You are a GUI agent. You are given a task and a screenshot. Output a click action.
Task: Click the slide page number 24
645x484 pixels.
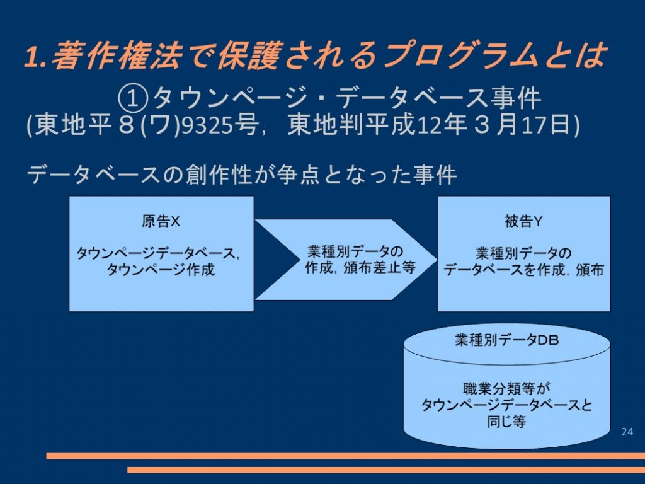(627, 431)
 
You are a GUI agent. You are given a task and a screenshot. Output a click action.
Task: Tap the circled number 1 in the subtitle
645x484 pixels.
(132, 99)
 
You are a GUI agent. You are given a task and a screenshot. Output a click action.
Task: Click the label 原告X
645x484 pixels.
(161, 221)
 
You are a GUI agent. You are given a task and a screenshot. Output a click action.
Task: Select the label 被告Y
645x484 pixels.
(523, 221)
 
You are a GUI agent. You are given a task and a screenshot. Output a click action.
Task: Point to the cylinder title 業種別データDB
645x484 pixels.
(507, 340)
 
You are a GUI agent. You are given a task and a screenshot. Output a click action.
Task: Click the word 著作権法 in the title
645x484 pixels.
(117, 55)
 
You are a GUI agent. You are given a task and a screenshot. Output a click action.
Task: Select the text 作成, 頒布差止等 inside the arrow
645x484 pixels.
(360, 268)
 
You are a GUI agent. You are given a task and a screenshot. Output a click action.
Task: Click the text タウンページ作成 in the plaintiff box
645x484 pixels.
(161, 270)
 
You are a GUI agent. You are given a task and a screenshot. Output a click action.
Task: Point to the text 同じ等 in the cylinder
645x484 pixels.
(506, 422)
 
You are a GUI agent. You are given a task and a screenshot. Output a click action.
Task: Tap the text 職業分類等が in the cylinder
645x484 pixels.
(506, 388)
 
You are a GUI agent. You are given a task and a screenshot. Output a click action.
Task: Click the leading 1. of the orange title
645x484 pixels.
(36, 56)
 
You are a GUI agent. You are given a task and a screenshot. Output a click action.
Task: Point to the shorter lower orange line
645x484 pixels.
(386, 470)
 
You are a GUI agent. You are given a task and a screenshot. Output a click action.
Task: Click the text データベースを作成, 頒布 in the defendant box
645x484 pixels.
(523, 270)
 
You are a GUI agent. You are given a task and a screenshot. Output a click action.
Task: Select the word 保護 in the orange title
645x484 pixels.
(249, 55)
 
